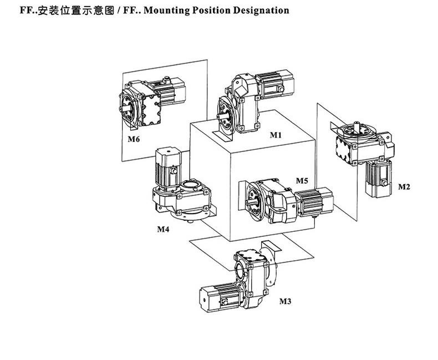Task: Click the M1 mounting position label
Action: [x=276, y=135]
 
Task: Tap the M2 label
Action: [x=404, y=187]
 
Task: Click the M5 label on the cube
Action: [x=302, y=181]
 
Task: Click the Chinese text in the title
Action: [x=69, y=11]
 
